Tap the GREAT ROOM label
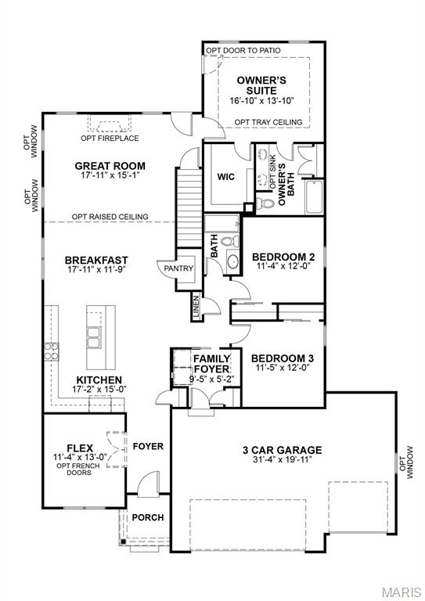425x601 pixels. click(x=110, y=165)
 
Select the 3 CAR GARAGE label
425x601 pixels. click(x=283, y=449)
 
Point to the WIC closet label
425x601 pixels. click(x=227, y=176)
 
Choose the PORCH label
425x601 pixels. click(x=147, y=517)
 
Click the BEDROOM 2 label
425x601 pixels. click(x=283, y=257)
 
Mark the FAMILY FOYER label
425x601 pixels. click(x=211, y=364)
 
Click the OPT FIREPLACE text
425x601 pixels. click(x=110, y=139)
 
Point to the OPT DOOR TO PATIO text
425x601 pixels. click(x=243, y=50)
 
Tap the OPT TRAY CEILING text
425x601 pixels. click(x=268, y=122)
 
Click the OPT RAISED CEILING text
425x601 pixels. click(x=110, y=217)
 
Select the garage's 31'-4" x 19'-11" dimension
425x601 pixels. click(x=283, y=460)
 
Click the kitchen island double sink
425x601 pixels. click(x=95, y=337)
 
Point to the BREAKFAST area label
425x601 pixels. click(x=96, y=260)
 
